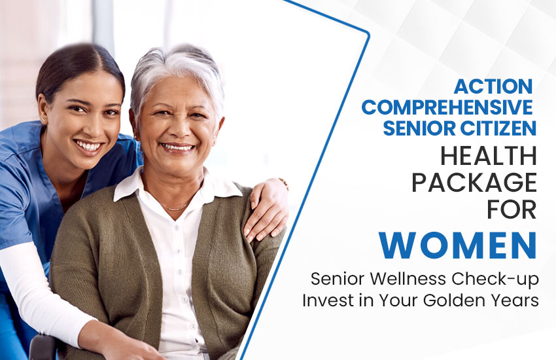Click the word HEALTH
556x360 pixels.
[x=488, y=157]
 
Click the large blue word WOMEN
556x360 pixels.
[x=458, y=244]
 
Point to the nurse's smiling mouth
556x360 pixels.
[x=89, y=145]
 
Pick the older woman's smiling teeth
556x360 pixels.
[x=179, y=148]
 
